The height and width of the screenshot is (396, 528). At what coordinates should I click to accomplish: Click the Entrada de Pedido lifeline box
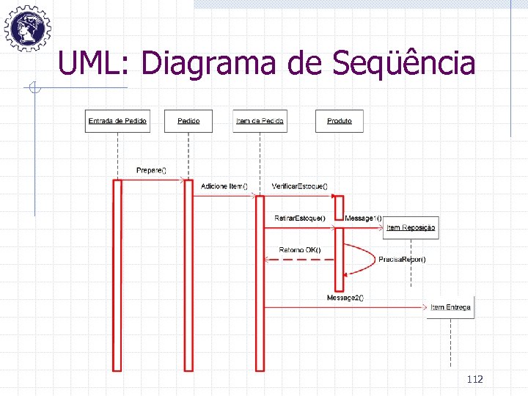click(x=117, y=120)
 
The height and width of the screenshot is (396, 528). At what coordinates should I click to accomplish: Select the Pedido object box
click(x=188, y=120)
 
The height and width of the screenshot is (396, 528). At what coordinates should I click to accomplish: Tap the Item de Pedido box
click(x=260, y=120)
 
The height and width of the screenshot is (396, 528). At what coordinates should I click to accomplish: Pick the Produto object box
click(x=339, y=120)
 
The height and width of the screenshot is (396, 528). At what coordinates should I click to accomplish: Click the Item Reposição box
click(x=411, y=227)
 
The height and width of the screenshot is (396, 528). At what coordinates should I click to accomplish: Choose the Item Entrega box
click(x=450, y=307)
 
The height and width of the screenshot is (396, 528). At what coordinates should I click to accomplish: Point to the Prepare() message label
click(x=151, y=171)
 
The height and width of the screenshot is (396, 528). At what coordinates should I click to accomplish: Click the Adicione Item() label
click(x=224, y=186)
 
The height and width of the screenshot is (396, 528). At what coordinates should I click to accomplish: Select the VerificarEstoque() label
click(x=300, y=186)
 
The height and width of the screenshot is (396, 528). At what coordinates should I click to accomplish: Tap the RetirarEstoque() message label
click(x=300, y=218)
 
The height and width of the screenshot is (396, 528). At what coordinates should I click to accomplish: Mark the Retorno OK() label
click(x=300, y=250)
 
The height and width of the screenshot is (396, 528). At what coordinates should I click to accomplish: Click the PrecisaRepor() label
click(x=402, y=260)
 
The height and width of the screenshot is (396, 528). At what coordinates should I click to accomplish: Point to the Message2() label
click(x=345, y=297)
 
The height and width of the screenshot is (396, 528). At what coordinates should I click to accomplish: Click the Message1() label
click(x=363, y=218)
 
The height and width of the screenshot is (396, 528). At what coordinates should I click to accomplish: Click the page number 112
click(x=474, y=379)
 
